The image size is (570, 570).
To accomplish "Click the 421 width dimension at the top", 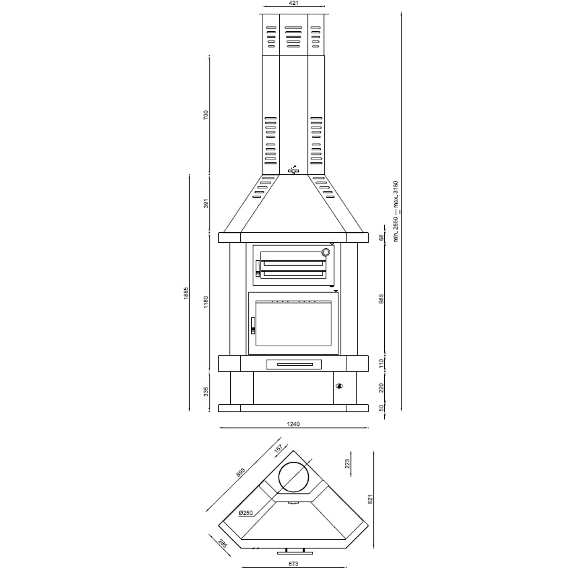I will (294, 3).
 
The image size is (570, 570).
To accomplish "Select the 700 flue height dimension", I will (206, 115).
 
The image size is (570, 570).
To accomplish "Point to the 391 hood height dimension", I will (206, 203).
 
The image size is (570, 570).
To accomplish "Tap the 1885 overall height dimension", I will (186, 293).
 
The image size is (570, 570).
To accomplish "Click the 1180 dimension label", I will (206, 302).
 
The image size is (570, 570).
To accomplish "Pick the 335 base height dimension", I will (206, 392).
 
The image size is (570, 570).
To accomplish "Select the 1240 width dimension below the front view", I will (293, 424).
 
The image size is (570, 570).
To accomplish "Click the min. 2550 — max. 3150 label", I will (396, 211).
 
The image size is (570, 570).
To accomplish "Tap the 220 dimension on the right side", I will (381, 388).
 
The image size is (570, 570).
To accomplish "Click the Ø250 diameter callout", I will (246, 513).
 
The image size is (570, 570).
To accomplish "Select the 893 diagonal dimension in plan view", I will (241, 473).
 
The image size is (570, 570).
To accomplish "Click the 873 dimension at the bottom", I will (293, 563).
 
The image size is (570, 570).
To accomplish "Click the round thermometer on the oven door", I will (326, 252).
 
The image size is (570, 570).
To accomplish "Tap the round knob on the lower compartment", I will (339, 386).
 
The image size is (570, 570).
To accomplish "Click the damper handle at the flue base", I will (294, 170).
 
